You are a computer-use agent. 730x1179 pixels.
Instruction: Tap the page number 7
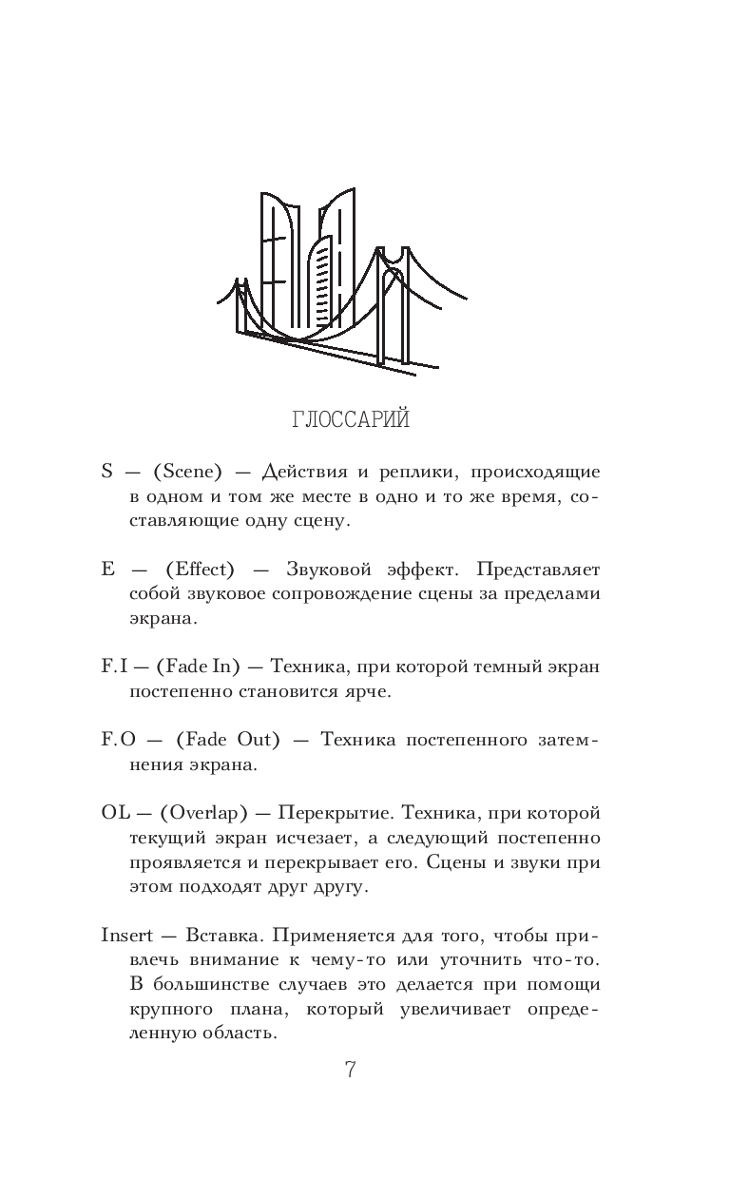click(x=350, y=1069)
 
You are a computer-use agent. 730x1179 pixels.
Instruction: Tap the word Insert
click(x=127, y=935)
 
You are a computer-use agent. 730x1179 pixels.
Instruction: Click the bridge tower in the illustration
click(x=391, y=304)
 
